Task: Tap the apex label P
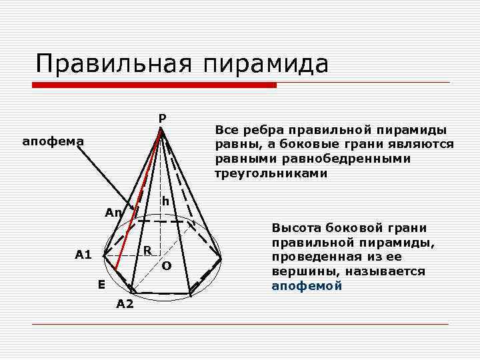tap(162, 119)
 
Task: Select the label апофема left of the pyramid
tap(53, 141)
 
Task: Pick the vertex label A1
tap(83, 254)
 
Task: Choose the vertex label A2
tap(125, 305)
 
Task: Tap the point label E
tap(101, 285)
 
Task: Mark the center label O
tap(167, 265)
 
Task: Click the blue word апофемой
tap(307, 286)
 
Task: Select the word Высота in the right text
tap(293, 227)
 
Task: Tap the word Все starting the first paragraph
tap(227, 129)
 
